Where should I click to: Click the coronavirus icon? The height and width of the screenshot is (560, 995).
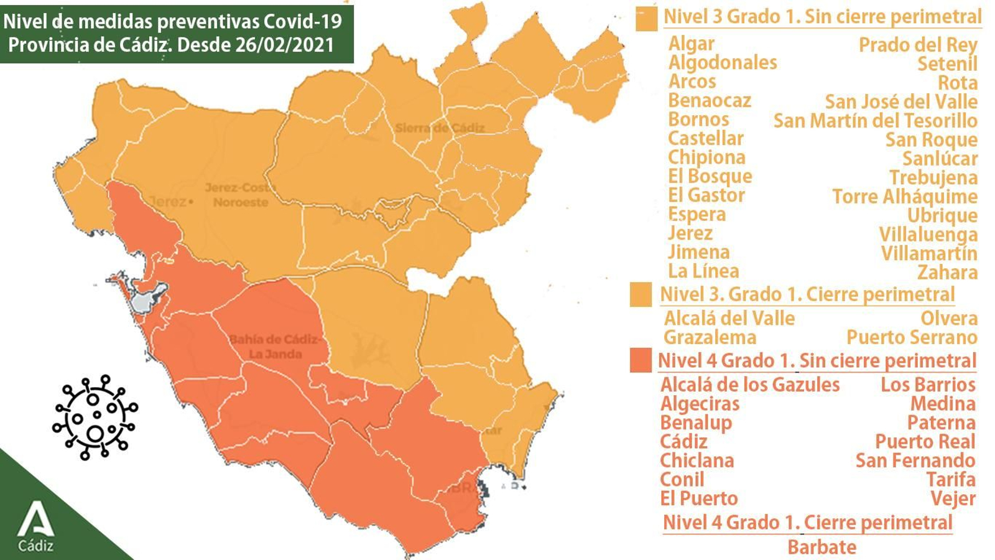click(95, 417)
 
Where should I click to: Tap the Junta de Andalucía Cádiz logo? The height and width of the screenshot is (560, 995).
click(35, 526)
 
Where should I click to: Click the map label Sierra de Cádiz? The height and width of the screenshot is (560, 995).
click(440, 128)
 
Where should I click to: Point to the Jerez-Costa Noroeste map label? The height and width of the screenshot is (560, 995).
click(240, 195)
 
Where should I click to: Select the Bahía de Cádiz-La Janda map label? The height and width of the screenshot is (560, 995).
click(275, 347)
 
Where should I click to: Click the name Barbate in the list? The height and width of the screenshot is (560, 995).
click(821, 547)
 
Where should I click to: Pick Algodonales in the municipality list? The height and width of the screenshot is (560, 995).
click(723, 62)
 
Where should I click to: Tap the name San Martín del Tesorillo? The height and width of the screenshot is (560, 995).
click(875, 120)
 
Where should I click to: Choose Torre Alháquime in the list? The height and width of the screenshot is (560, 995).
click(905, 196)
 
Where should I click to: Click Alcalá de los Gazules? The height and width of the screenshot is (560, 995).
click(749, 385)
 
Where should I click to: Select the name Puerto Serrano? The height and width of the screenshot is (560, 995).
click(911, 337)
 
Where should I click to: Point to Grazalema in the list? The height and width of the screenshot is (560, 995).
click(710, 337)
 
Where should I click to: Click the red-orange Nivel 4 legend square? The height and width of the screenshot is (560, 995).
click(641, 360)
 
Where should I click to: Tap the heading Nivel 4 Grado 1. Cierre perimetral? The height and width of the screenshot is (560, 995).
click(807, 522)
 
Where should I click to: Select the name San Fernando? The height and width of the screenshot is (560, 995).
click(915, 460)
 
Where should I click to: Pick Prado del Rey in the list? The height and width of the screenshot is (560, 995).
click(918, 45)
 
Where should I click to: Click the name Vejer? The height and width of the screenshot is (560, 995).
click(953, 498)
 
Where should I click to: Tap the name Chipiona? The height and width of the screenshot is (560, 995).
click(706, 157)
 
